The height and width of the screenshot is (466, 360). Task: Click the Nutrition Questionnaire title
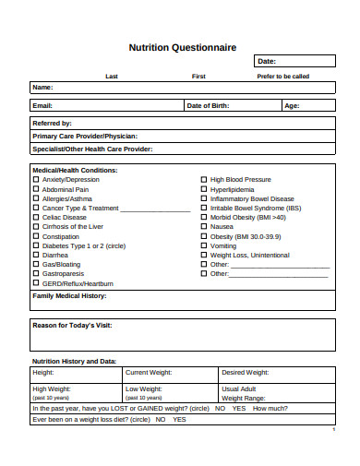[182, 47]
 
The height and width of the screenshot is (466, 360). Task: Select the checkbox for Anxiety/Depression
[37, 180]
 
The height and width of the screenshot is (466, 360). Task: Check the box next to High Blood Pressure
[204, 180]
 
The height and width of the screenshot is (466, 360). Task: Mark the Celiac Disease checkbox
[37, 218]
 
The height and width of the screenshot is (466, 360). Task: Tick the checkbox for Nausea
[204, 227]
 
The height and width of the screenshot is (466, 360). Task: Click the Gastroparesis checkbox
[37, 274]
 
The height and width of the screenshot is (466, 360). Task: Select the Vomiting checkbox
[204, 245]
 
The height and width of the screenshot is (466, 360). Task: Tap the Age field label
[292, 106]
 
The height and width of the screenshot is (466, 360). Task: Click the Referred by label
[52, 123]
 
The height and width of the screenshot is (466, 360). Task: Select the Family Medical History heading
[70, 296]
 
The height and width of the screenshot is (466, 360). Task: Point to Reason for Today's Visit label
[72, 326]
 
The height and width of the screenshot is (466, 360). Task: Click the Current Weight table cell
[149, 373]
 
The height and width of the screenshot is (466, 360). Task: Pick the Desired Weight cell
[246, 373]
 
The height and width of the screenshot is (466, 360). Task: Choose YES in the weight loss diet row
[179, 419]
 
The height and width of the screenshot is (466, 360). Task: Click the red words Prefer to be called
[282, 77]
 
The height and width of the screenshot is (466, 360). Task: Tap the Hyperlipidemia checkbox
[204, 189]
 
